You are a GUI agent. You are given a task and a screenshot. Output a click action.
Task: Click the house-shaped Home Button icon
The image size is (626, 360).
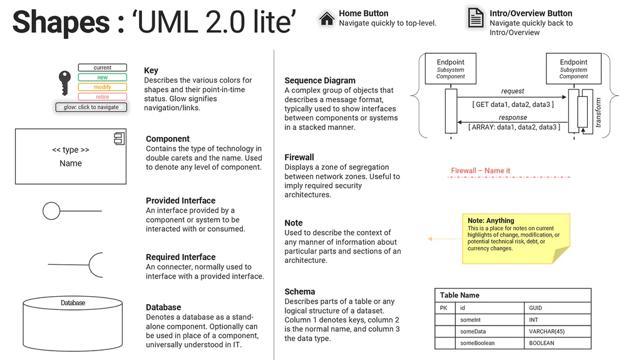326,18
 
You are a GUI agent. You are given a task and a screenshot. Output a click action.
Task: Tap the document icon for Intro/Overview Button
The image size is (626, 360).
476,17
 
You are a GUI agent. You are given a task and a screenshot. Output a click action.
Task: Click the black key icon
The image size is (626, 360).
64,83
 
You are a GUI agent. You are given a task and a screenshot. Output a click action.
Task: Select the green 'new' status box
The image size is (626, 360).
103,78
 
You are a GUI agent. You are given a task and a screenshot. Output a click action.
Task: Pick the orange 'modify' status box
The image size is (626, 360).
103,87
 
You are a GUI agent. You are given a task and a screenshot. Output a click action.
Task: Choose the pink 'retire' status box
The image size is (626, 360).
103,97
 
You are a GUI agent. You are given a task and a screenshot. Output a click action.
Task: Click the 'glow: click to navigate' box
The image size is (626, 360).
91,107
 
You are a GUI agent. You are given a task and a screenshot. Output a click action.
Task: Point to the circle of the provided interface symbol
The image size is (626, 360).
51,211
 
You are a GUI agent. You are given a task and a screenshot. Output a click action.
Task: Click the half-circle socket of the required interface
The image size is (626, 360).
96,265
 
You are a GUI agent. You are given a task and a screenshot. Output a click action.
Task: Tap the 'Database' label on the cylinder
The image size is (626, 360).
73,303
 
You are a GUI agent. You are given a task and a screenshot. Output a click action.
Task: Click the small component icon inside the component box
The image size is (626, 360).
119,139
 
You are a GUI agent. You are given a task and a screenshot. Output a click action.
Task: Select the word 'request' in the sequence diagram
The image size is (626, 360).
513,91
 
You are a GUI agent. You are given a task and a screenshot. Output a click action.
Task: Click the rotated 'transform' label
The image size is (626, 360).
598,113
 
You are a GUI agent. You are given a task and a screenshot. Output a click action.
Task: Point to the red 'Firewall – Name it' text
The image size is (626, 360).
481,171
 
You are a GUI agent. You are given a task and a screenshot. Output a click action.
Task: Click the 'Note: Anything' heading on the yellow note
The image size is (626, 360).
491,220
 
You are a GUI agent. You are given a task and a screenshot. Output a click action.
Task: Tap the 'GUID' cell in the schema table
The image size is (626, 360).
536,308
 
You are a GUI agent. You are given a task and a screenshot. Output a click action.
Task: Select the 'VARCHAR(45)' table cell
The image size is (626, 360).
547,332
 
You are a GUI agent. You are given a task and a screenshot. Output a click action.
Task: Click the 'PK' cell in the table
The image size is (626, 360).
444,308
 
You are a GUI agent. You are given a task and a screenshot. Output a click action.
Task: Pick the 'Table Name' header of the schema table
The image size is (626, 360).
459,295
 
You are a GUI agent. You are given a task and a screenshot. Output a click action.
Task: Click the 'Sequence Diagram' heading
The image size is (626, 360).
320,81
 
